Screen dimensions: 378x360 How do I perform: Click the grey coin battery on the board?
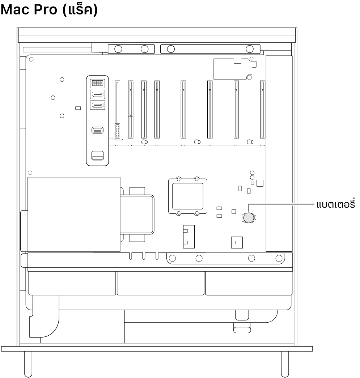pyautogui.click(x=249, y=217)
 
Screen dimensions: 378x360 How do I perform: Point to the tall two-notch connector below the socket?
pyautogui.click(x=189, y=237)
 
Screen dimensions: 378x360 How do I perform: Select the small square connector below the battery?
pyautogui.click(x=237, y=242)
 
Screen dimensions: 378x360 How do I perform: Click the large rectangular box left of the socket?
pyautogui.click(x=74, y=214)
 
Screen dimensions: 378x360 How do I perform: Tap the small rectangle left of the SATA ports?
pyautogui.click(x=77, y=108)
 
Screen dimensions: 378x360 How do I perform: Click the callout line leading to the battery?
pyautogui.click(x=282, y=205)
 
